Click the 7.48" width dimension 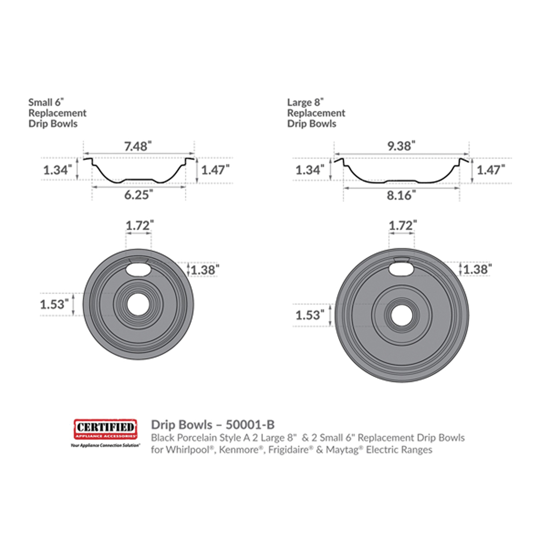click(x=138, y=147)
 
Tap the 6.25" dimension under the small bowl click(x=139, y=195)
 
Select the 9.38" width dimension click(x=401, y=146)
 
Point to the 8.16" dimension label click(x=401, y=195)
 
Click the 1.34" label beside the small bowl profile click(x=58, y=170)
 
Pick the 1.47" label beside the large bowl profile click(x=491, y=169)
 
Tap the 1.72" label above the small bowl click(x=140, y=225)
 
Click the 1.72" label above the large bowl click(x=403, y=225)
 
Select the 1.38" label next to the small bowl click(x=205, y=270)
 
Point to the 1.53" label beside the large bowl click(x=310, y=315)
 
